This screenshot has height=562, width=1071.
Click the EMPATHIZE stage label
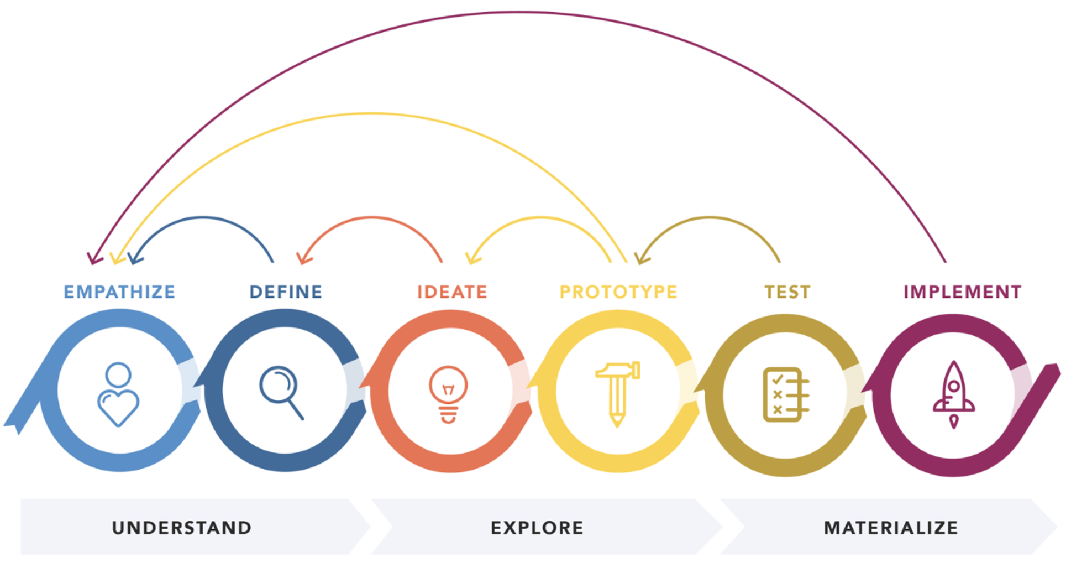[119, 292]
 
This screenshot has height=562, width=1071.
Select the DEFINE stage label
[286, 292]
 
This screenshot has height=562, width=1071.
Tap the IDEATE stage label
[452, 292]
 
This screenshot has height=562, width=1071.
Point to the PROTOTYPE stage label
[618, 292]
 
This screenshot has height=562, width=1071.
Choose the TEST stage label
[788, 292]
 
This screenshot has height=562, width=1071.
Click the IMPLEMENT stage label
[962, 292]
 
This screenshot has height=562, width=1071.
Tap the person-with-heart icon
[118, 394]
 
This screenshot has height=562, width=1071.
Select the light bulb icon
[448, 394]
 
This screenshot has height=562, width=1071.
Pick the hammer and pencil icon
[617, 393]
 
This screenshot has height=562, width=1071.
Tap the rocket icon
[953, 394]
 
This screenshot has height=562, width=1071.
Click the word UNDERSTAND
[182, 528]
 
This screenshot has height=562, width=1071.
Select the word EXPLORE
[537, 528]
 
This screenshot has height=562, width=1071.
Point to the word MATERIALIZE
[891, 528]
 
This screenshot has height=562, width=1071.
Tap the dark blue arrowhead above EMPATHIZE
[134, 258]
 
